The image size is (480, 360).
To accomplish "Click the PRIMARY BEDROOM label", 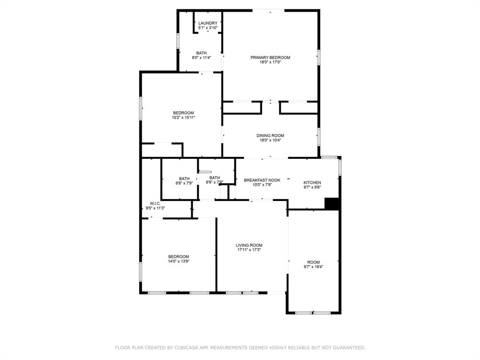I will tap(270, 58).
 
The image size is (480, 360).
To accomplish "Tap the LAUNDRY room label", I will tap(208, 23).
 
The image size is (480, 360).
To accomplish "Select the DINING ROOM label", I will tap(270, 135).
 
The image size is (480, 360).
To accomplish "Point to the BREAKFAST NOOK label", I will tap(262, 180).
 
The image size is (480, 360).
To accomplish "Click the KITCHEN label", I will tap(312, 182).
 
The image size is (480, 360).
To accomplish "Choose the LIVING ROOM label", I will tap(249, 245).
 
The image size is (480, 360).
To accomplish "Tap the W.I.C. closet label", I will tap(155, 203).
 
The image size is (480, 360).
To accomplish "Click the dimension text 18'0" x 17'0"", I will tap(270, 62).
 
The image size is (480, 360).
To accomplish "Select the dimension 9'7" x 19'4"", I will tap(314, 267).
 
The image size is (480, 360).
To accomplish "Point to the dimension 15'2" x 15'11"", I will tap(183, 118).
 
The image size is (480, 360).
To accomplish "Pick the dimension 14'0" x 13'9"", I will tap(179, 261).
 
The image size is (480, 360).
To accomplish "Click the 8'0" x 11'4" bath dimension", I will tap(202, 58).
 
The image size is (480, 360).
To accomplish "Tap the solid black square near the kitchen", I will tap(332, 203).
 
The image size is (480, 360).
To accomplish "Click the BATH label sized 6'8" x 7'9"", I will tap(184, 178).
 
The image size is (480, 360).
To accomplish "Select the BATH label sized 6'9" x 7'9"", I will tap(215, 178).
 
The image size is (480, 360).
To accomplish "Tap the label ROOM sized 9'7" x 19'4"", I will tap(314, 262).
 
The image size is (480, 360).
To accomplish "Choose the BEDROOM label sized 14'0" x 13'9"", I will tap(179, 256).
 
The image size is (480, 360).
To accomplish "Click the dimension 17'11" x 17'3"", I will tap(249, 250).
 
